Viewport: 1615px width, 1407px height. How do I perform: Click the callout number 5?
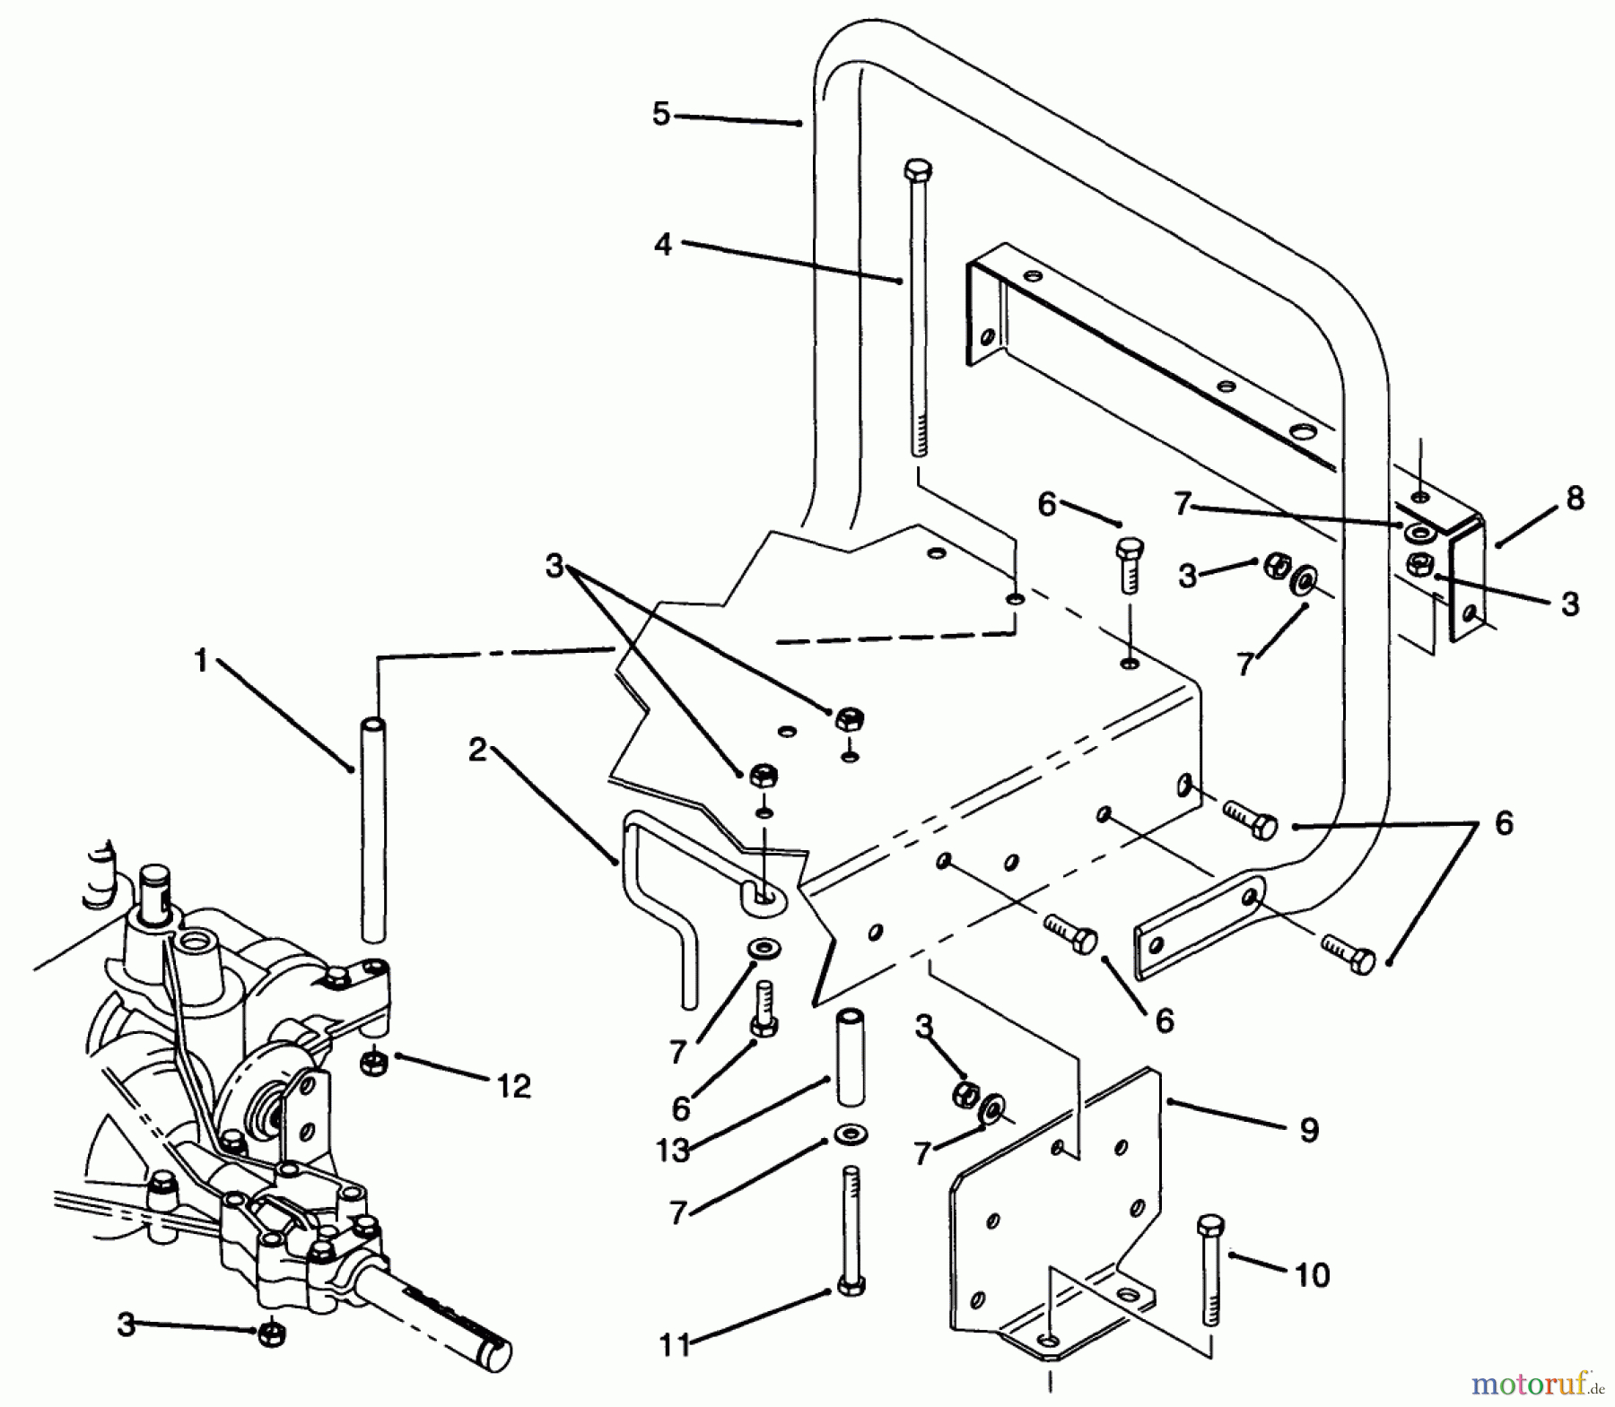(661, 114)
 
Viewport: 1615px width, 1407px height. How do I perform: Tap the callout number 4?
(662, 243)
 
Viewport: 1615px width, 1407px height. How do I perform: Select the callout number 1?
(201, 661)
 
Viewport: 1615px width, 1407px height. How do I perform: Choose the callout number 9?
(1309, 1130)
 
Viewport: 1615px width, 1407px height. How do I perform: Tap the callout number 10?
(1312, 1274)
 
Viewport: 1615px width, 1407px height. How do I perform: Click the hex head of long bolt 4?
(918, 170)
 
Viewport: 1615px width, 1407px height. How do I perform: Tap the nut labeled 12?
(371, 1063)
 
